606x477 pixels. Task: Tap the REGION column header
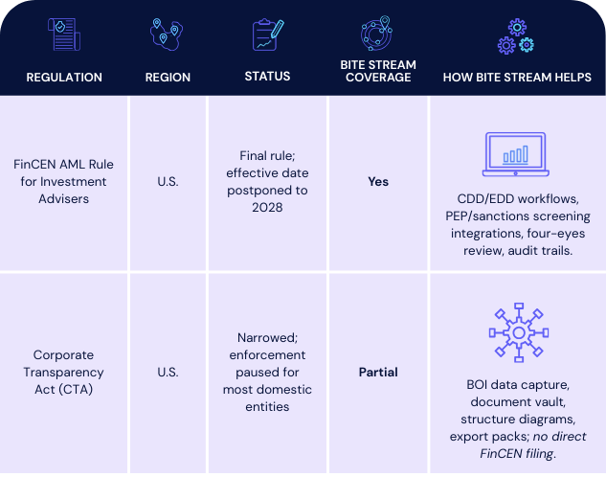(x=168, y=78)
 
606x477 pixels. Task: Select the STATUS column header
(x=267, y=78)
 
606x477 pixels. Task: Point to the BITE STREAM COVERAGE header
(x=377, y=72)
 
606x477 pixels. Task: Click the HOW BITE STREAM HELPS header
(x=517, y=78)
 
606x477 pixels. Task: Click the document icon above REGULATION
(x=63, y=34)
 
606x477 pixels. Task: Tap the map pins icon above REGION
(x=166, y=34)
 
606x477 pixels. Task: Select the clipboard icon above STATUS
(x=268, y=34)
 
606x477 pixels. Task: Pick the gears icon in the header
(x=515, y=35)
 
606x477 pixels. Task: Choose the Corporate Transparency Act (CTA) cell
(x=63, y=372)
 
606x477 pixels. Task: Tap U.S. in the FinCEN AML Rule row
(x=168, y=181)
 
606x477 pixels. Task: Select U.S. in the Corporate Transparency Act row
(x=168, y=372)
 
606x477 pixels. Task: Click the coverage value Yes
(x=378, y=181)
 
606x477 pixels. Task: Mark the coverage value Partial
(x=378, y=372)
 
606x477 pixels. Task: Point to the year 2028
(x=267, y=207)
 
